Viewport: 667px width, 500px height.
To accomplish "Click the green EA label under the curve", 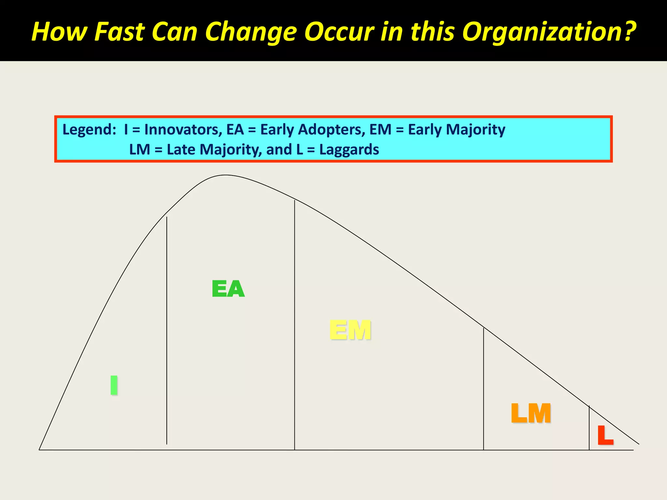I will [x=228, y=289].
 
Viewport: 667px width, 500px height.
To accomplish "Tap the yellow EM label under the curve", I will [x=350, y=330].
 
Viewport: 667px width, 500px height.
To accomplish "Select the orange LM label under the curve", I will [x=531, y=413].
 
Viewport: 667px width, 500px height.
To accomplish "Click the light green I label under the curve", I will [x=114, y=385].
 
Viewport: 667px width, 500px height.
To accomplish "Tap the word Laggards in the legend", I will [x=349, y=150].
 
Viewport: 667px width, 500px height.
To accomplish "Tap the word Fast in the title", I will [x=120, y=32].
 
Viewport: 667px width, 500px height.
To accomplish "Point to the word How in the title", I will [x=60, y=32].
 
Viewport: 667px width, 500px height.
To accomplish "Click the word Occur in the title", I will [x=339, y=32].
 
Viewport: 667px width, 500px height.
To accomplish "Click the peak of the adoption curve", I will [x=225, y=175].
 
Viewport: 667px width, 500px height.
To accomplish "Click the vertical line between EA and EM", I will [x=295, y=326].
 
